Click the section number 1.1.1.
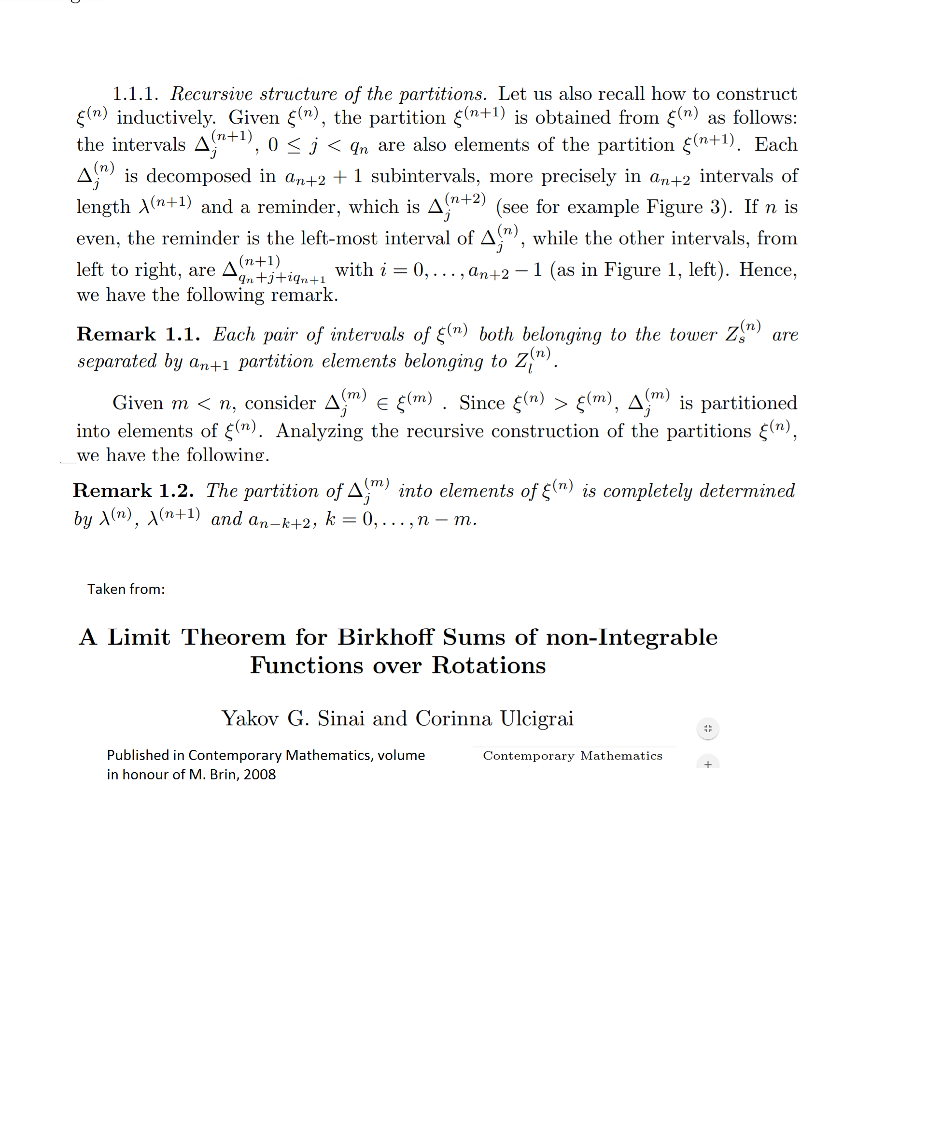(x=135, y=94)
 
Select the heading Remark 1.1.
(x=138, y=334)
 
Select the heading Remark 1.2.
(x=133, y=490)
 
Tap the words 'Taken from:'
(x=126, y=589)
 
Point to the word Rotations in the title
(x=489, y=665)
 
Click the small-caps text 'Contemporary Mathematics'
(x=573, y=756)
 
